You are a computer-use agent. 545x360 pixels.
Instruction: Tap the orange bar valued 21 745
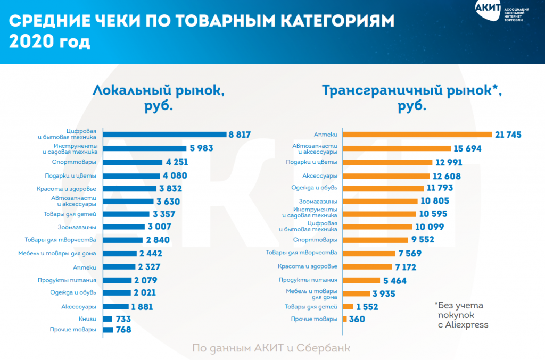417,135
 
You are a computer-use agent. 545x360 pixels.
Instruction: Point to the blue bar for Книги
108,319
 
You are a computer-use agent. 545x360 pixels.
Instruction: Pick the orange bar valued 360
345,319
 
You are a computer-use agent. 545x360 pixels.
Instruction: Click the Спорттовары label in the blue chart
75,162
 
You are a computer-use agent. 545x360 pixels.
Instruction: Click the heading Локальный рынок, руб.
159,97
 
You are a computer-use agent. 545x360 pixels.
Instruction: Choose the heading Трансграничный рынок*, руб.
412,97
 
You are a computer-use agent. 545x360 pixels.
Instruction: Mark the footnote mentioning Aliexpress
461,315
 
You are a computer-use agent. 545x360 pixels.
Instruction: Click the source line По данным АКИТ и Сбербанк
271,348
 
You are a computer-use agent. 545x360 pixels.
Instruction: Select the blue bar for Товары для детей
126,214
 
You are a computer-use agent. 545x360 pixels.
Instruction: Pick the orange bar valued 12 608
386,175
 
